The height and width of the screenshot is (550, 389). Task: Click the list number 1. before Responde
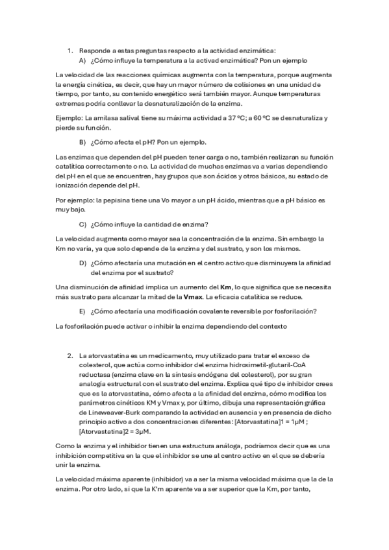click(71, 50)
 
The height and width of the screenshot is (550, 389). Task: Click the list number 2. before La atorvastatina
click(71, 355)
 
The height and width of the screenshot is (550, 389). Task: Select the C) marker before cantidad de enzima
click(83, 224)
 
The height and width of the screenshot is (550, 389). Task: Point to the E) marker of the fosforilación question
click(83, 311)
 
